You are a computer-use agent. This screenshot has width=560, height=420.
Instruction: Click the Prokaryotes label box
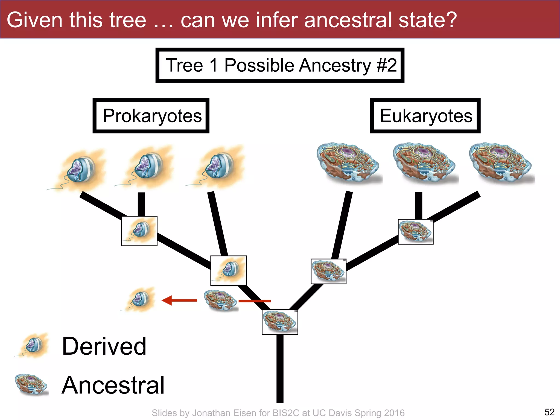[x=151, y=116]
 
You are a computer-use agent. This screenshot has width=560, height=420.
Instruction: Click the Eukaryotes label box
[x=425, y=116]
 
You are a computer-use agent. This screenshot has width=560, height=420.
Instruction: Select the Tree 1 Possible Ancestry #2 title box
[x=280, y=65]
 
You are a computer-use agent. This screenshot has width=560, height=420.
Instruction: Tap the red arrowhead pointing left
[x=167, y=300]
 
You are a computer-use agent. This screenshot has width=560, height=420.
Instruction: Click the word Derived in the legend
[x=104, y=346]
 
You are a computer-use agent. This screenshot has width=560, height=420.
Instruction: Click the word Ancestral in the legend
[x=113, y=385]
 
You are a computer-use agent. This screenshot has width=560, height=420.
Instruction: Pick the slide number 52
[x=549, y=412]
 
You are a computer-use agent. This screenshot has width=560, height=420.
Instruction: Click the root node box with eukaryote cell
[x=280, y=322]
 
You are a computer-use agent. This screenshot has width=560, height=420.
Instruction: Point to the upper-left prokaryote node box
[x=139, y=231]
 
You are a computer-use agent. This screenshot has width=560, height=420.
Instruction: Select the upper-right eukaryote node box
[x=415, y=232]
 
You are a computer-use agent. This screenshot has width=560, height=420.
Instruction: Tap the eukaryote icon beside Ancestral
[x=32, y=384]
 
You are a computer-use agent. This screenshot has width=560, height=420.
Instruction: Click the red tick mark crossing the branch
[x=254, y=301]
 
